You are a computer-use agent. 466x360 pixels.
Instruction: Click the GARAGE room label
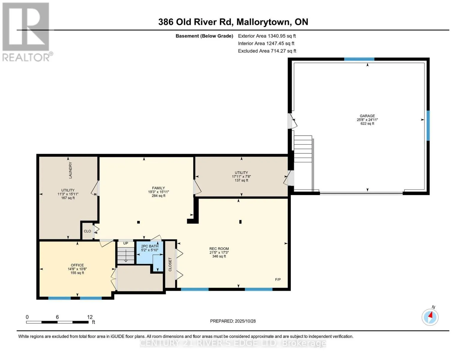tap(367, 116)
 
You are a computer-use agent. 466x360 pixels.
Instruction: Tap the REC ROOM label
tap(219, 249)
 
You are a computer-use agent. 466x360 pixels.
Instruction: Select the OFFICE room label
tap(77, 265)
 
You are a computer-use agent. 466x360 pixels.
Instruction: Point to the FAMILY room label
tap(158, 188)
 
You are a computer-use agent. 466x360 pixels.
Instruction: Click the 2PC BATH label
tap(149, 246)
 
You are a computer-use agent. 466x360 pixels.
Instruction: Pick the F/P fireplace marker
tap(278, 280)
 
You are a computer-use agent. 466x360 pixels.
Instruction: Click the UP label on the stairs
tap(126, 243)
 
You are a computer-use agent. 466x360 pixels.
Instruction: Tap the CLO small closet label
tap(87, 231)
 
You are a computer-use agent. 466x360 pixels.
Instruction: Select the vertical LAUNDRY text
tap(71, 170)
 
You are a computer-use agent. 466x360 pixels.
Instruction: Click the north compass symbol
tap(430, 317)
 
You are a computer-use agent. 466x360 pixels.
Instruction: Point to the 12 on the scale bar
tap(90, 317)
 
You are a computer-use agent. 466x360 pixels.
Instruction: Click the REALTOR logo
tap(26, 32)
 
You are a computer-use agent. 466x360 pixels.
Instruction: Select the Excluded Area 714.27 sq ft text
tap(267, 51)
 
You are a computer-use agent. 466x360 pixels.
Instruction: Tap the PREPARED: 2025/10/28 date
tap(233, 321)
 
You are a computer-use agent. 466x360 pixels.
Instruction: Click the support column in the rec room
tap(240, 222)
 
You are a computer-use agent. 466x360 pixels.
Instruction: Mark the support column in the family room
tap(138, 222)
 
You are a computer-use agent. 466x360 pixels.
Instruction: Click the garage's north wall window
tap(359, 59)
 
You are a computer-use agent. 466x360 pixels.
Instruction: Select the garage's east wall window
tap(428, 125)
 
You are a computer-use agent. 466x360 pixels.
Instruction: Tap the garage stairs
tap(303, 149)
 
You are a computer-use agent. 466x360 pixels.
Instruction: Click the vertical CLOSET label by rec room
tap(170, 264)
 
